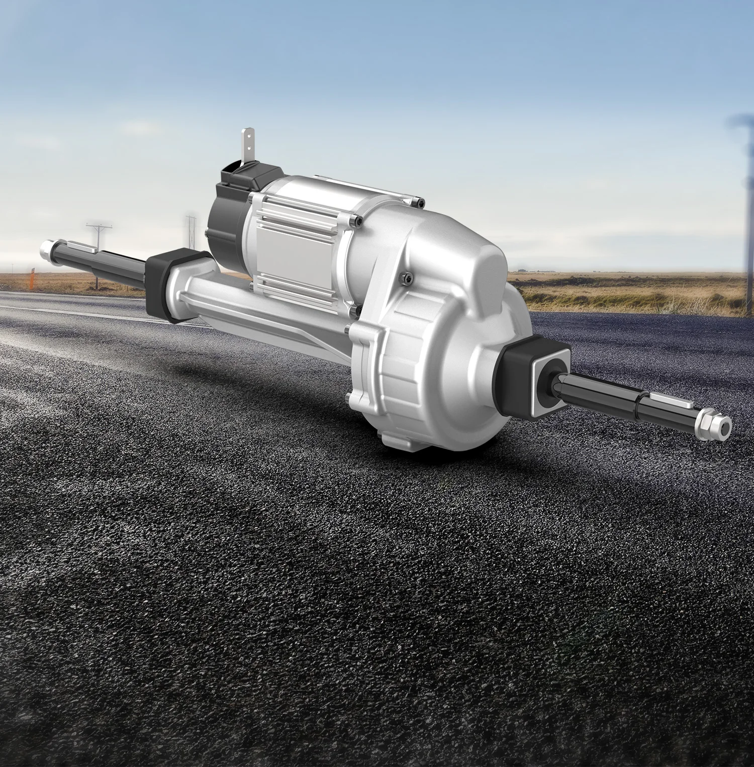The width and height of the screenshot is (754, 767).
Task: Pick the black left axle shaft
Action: click(116, 259)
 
